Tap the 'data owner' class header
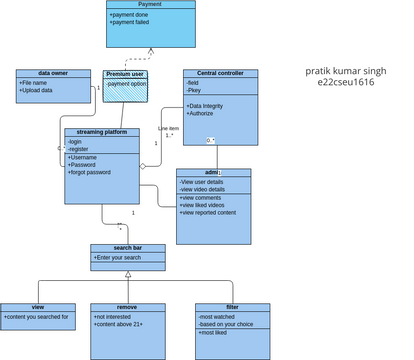(52, 73)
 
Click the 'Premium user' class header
(125, 73)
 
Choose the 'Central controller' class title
(220, 73)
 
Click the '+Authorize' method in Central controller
(204, 113)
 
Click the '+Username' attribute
(84, 157)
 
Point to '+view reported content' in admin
(208, 212)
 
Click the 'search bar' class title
(127, 247)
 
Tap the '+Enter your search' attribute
(119, 257)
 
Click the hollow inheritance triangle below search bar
(128, 273)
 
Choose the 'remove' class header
(127, 307)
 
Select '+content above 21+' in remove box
(118, 324)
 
